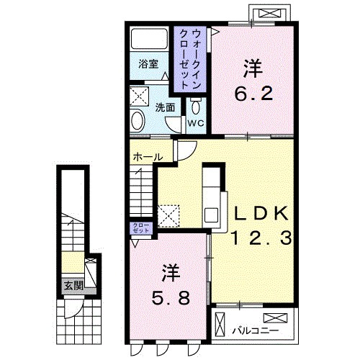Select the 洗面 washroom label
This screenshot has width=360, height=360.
coord(165,107)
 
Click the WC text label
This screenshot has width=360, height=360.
coord(196,123)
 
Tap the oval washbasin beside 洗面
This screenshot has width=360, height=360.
coord(138,120)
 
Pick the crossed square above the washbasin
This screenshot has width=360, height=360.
coord(139,96)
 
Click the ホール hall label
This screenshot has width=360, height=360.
coord(147,156)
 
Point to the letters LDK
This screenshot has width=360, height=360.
coord(260,213)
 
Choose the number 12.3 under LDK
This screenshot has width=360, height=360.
coord(260,238)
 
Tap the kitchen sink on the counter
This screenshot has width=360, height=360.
coord(212,214)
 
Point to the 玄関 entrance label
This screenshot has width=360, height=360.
coord(73,284)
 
